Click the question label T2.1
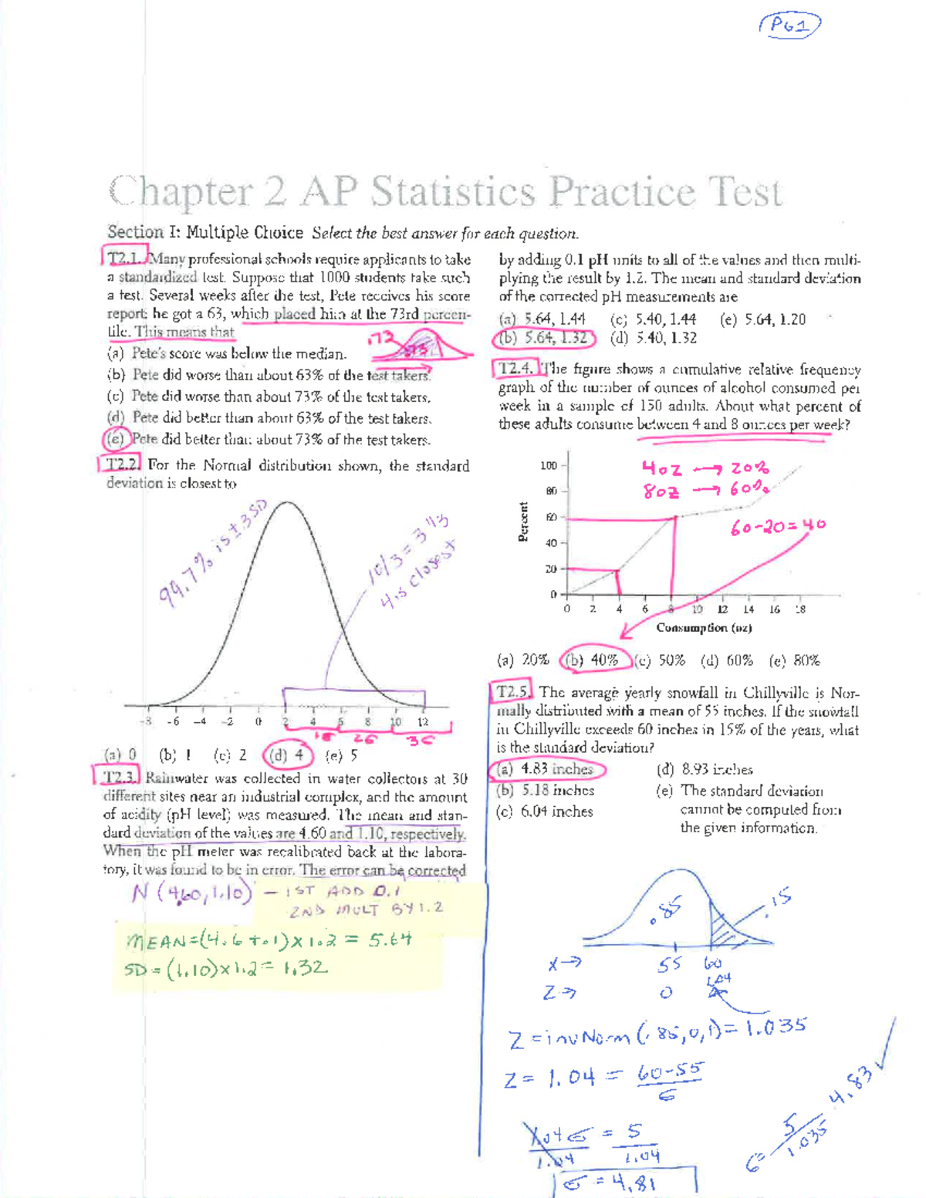[x=123, y=258]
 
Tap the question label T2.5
[x=513, y=692]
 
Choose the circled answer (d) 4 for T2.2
[x=288, y=755]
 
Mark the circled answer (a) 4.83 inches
[x=547, y=769]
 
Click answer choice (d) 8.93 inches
[x=705, y=769]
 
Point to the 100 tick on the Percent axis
[x=549, y=466]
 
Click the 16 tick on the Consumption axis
[x=774, y=609]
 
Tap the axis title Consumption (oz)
[x=704, y=628]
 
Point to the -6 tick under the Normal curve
[x=174, y=722]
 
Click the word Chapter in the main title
[x=181, y=192]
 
